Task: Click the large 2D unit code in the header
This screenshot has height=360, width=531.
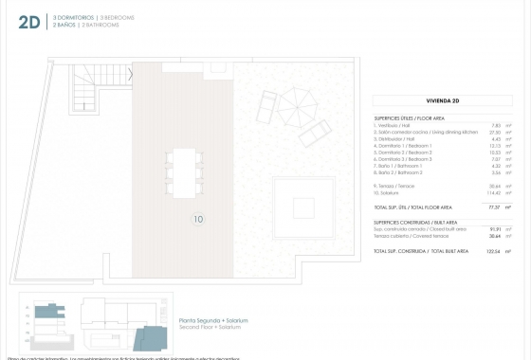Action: click(28, 21)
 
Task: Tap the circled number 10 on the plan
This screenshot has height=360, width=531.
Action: click(197, 220)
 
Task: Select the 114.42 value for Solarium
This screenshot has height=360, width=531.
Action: click(492, 192)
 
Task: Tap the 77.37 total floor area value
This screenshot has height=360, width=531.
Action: click(493, 207)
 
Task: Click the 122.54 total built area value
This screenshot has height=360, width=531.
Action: click(492, 251)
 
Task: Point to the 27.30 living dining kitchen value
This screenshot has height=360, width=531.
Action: click(493, 133)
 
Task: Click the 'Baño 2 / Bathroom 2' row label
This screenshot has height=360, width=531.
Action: click(403, 172)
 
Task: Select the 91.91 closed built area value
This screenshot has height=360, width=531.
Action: click(493, 228)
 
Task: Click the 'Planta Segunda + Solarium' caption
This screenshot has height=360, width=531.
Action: click(213, 321)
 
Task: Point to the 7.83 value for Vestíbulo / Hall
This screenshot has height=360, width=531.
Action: click(494, 126)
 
